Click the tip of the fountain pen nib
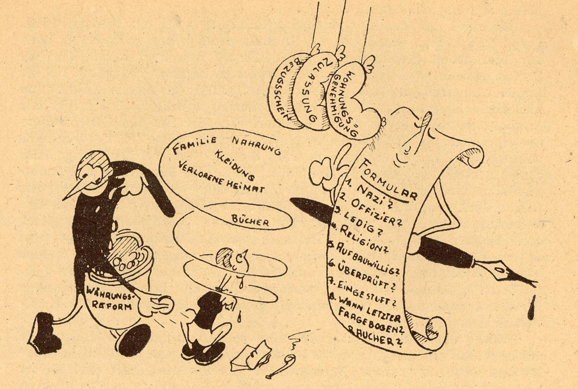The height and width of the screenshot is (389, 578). [x=537, y=286]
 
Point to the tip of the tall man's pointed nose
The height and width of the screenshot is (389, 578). [x=63, y=199]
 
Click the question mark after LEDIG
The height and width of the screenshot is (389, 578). [x=377, y=234]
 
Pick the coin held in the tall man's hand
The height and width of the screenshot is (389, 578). [x=165, y=305]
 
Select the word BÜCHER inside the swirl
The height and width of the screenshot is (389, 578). [x=250, y=221]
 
